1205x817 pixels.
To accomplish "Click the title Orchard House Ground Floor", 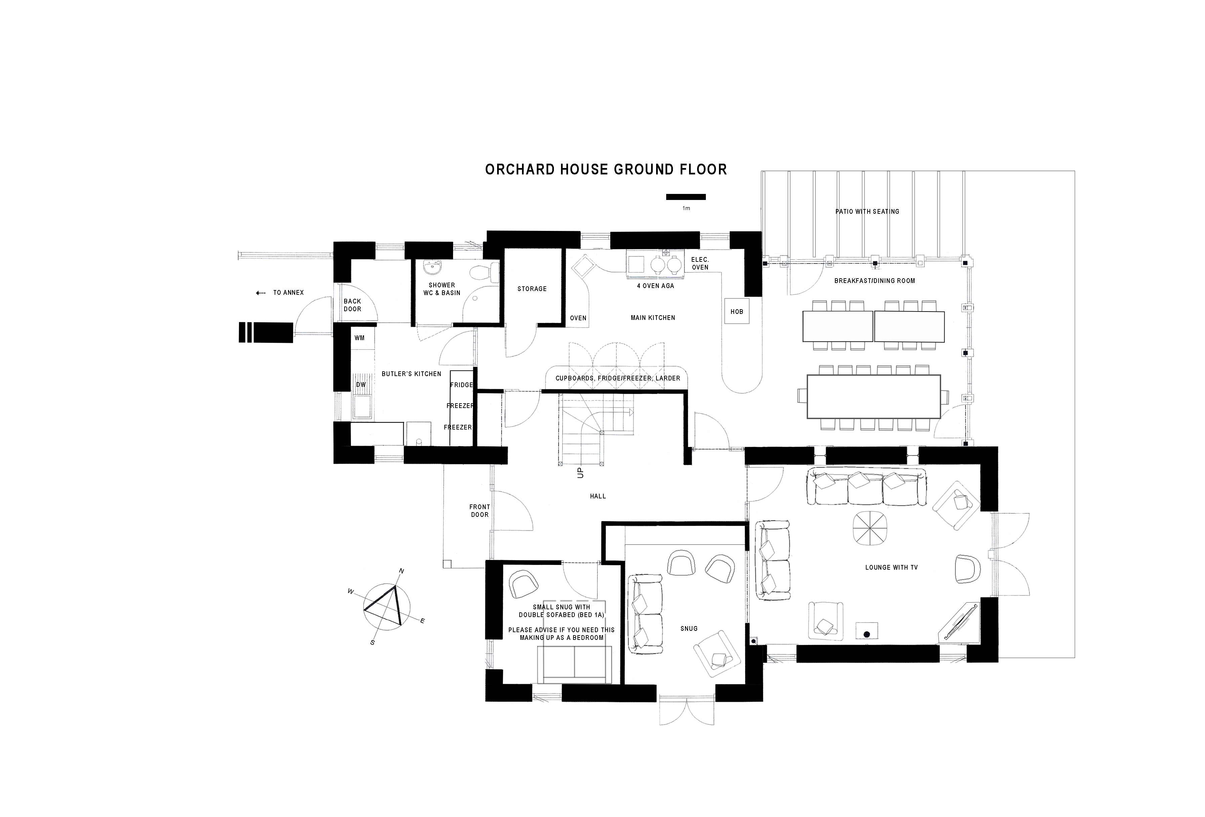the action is coord(606,169).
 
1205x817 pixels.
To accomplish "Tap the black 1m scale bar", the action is coord(686,197).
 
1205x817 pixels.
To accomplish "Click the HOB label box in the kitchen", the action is coord(737,311).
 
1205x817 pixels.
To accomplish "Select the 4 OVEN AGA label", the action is coord(655,286).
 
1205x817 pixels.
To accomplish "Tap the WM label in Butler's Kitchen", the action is coord(359,338).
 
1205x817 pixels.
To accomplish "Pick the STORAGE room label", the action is coord(532,289).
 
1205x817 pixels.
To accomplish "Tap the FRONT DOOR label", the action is coord(480,510).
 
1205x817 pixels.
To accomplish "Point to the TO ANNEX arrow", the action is coord(260,293).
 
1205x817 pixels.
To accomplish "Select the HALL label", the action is coord(598,496).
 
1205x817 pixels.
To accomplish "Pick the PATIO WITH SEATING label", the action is coord(867,211).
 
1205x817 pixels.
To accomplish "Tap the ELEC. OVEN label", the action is coord(700,263).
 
